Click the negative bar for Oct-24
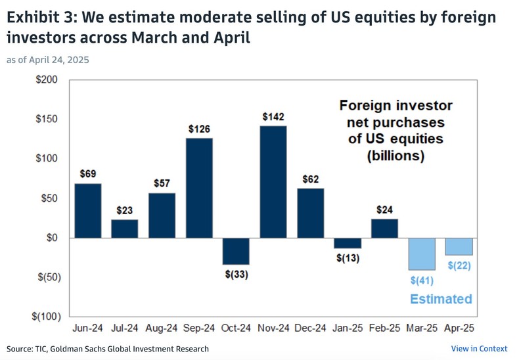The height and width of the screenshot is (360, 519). pyautogui.click(x=236, y=251)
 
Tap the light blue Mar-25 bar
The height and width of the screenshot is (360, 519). pyautogui.click(x=422, y=254)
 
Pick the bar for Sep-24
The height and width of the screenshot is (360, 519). pyautogui.click(x=198, y=188)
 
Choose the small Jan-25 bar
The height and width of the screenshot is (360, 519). pyautogui.click(x=348, y=242)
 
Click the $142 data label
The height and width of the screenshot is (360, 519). pyautogui.click(x=273, y=117)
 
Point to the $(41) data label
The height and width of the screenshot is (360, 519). pyautogui.click(x=421, y=281)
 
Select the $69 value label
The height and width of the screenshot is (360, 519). pyautogui.click(x=88, y=174)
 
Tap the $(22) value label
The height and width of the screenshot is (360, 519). pyautogui.click(x=459, y=265)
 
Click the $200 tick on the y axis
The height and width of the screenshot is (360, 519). pyautogui.click(x=49, y=80)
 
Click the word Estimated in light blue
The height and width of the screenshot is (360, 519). pyautogui.click(x=441, y=299)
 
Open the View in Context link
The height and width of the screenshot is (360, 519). pyautogui.click(x=479, y=349)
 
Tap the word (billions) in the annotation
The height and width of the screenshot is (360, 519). pyautogui.click(x=395, y=156)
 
